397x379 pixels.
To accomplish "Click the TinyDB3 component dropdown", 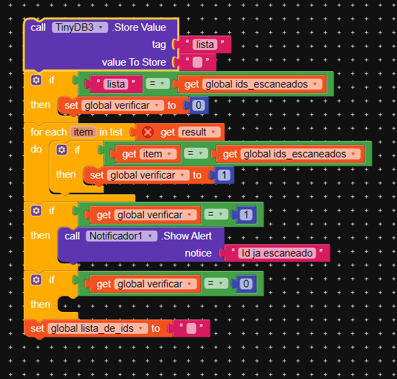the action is (x=80, y=27).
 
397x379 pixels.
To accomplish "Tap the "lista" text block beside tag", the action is (x=205, y=44).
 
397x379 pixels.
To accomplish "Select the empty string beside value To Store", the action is (x=197, y=62).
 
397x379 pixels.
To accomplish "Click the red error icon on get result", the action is (x=148, y=132).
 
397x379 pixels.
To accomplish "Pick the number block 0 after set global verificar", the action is (x=198, y=105).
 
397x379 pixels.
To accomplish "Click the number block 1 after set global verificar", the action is (x=224, y=175).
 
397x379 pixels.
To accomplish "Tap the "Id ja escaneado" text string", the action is (x=277, y=253).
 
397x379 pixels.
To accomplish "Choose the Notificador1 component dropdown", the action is (x=122, y=236).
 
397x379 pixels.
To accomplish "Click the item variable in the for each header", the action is (x=83, y=132).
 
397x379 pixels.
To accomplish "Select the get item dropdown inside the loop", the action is (x=157, y=154).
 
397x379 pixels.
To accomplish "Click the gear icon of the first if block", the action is (x=36, y=80).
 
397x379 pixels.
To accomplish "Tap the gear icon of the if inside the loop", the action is (x=62, y=150).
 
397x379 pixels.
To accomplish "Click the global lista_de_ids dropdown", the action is (x=97, y=328).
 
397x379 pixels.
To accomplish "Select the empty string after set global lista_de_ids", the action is (x=191, y=328).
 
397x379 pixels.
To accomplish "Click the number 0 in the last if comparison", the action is (x=246, y=284).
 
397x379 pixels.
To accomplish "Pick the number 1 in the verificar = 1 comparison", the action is (x=246, y=215).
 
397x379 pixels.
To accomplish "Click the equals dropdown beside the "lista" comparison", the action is (x=157, y=83).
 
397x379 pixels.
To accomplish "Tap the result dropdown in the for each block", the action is (x=199, y=132).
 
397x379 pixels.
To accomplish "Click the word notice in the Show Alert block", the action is (x=198, y=253).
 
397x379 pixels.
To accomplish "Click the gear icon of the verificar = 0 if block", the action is (x=36, y=280).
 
